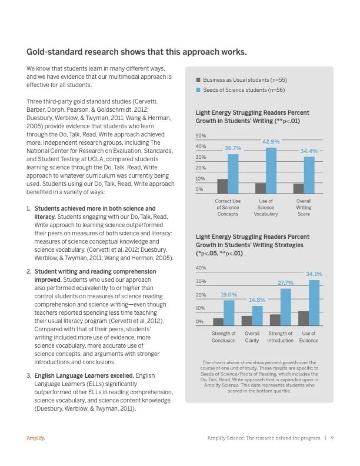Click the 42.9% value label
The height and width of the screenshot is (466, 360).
(x=271, y=142)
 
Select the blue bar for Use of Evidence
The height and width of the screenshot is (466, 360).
(x=314, y=302)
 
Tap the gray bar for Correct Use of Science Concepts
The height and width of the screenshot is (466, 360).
(x=222, y=186)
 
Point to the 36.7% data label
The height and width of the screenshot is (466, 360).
(x=233, y=148)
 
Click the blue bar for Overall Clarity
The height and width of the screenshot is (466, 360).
(x=257, y=315)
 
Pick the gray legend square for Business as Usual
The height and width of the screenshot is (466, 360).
(x=198, y=80)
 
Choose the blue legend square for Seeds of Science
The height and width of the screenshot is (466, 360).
(x=198, y=90)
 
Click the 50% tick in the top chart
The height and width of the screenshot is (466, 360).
(x=201, y=136)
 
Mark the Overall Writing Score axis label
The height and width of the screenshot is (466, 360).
(x=304, y=208)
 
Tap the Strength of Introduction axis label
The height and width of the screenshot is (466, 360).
(x=280, y=337)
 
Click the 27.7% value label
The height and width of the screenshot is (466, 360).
(x=285, y=283)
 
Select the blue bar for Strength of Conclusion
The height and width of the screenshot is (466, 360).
(x=229, y=313)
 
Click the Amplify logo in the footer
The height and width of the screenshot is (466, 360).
(x=36, y=438)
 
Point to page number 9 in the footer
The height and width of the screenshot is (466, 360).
(x=332, y=438)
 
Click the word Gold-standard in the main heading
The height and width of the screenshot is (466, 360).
(x=54, y=52)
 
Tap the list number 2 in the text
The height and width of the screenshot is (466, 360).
(x=28, y=272)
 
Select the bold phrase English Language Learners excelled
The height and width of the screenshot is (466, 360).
(x=84, y=375)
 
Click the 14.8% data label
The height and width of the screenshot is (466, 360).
(x=257, y=300)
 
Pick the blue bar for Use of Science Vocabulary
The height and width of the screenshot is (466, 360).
(x=271, y=171)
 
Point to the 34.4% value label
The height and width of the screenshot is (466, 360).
(x=309, y=151)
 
